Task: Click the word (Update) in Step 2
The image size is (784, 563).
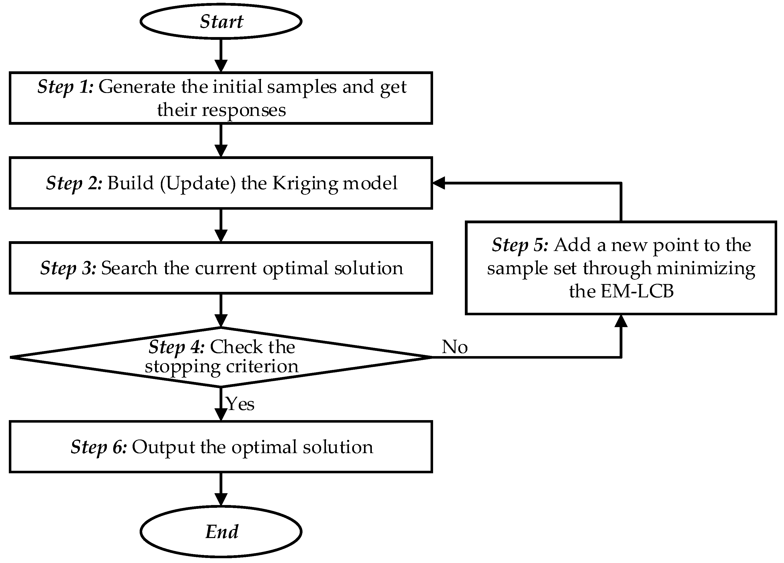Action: (198, 183)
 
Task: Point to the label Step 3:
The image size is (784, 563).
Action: (68, 268)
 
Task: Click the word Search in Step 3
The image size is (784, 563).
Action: (129, 268)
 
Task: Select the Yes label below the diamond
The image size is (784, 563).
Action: (240, 404)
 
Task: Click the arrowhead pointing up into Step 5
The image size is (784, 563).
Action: (621, 321)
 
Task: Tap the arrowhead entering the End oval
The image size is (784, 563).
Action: (221, 499)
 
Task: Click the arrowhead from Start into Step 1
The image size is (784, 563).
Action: (221, 66)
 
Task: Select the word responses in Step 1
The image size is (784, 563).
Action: (244, 110)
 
